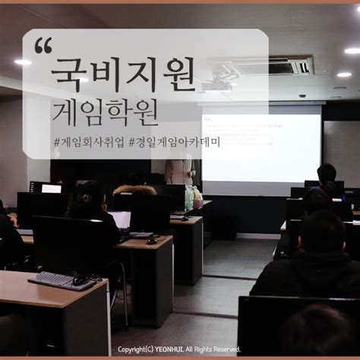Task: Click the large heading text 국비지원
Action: [122, 72]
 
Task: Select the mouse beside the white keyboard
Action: [79, 281]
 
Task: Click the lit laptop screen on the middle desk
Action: [121, 219]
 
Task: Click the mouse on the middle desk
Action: [151, 241]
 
